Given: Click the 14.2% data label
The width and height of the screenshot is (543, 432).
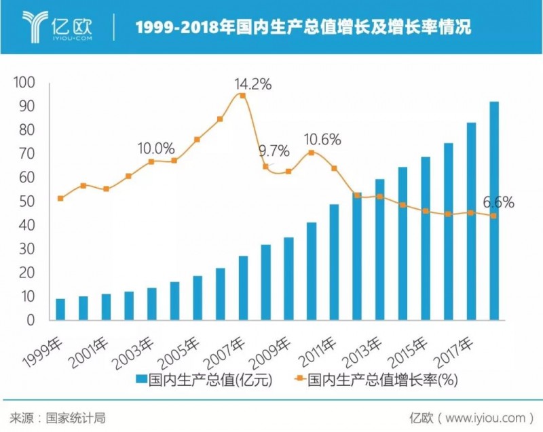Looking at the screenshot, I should (252, 85).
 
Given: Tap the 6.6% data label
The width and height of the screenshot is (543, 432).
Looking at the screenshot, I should (498, 202).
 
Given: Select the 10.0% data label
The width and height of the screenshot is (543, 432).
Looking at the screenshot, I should (156, 149).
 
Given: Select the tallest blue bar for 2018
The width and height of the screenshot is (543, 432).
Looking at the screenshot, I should (493, 211).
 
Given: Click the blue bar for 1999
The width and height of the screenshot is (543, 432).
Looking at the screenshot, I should (60, 309).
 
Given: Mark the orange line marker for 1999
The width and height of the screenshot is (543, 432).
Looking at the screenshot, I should (60, 198).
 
